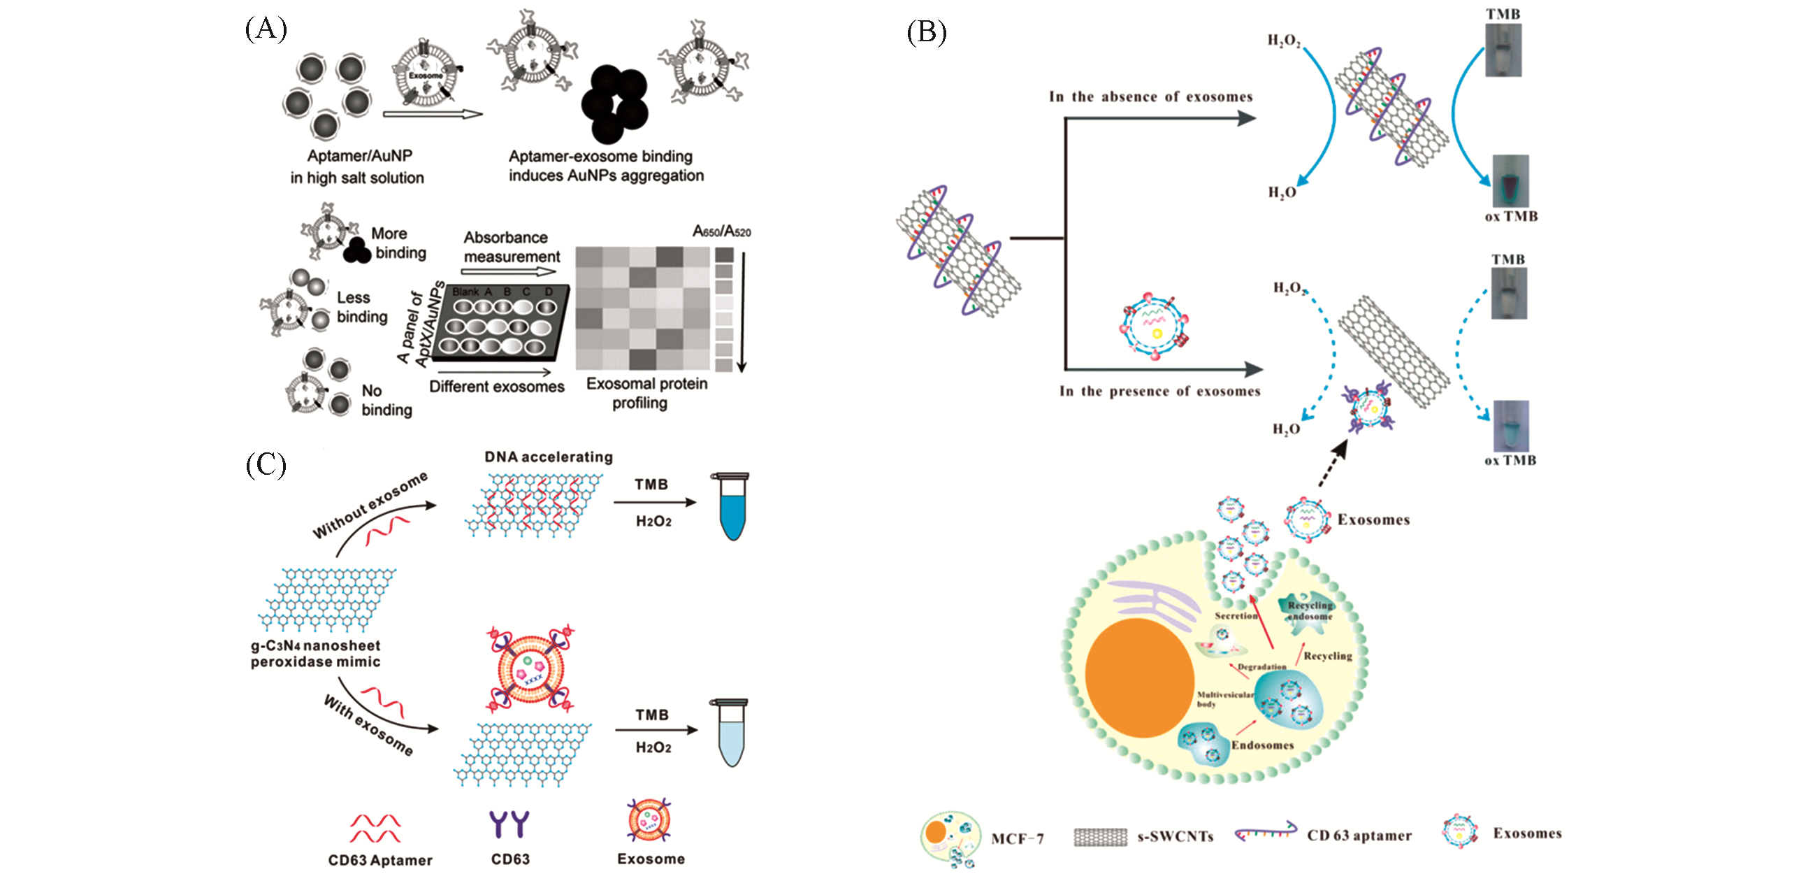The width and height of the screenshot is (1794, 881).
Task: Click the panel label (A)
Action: (x=266, y=29)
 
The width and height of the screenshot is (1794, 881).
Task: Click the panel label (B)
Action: (x=926, y=32)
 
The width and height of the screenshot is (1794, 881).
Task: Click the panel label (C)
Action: (x=266, y=464)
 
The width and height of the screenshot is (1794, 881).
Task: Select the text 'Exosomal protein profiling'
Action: (x=646, y=393)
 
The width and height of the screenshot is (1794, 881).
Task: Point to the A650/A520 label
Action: (x=721, y=231)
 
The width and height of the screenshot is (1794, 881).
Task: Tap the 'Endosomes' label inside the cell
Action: (x=1262, y=745)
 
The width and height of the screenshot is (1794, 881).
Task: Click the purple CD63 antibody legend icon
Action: (x=509, y=824)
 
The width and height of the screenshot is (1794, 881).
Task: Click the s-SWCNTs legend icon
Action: (x=1100, y=836)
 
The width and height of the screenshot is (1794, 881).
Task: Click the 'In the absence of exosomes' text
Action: (x=1150, y=96)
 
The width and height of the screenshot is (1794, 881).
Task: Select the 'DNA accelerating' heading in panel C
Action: (x=549, y=457)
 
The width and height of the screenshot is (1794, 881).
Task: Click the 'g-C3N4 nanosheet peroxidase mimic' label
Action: (x=316, y=654)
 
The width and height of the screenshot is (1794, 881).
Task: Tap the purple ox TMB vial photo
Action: (x=1510, y=180)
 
